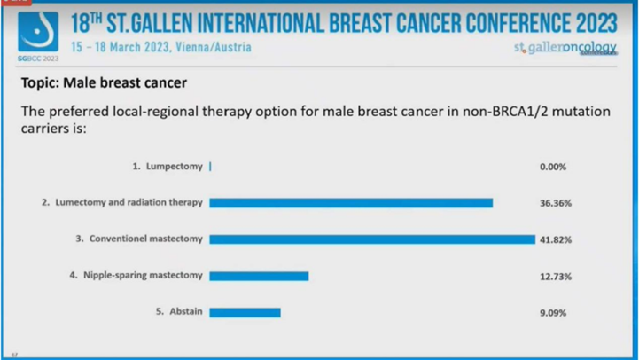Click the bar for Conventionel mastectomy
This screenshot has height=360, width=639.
(x=372, y=239)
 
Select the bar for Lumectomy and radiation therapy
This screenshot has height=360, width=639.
(x=350, y=203)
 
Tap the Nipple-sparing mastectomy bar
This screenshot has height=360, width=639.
(x=259, y=276)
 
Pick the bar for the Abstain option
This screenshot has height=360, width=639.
(x=245, y=312)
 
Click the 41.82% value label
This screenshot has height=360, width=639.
(x=555, y=239)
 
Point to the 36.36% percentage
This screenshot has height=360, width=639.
(x=555, y=203)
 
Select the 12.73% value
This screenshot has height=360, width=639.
(x=555, y=276)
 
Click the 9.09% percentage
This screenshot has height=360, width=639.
(x=553, y=312)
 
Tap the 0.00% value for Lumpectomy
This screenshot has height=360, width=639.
(x=553, y=167)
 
